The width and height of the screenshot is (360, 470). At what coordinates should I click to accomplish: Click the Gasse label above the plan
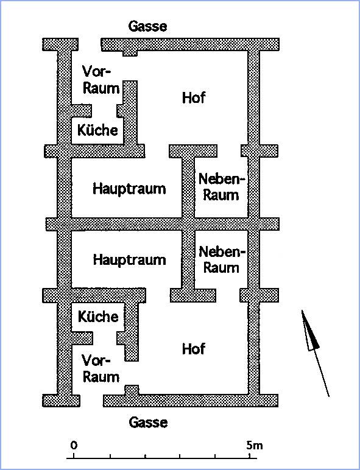tap(147, 26)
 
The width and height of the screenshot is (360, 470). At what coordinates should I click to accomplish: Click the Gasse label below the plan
tap(148, 423)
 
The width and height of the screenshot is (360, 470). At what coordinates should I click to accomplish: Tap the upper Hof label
tap(194, 98)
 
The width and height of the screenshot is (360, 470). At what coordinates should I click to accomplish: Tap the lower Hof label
tap(194, 349)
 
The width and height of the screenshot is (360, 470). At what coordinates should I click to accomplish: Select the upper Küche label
tap(97, 130)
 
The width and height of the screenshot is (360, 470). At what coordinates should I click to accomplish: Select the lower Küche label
tap(98, 317)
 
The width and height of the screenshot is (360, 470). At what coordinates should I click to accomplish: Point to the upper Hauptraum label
tap(129, 189)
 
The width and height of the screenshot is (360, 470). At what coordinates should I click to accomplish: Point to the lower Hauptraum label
tap(129, 259)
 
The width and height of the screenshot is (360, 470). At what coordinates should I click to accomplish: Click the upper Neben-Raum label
tap(221, 187)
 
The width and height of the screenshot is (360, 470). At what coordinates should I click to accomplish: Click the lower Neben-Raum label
tap(222, 259)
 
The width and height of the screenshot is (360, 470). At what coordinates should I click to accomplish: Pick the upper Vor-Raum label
tap(101, 80)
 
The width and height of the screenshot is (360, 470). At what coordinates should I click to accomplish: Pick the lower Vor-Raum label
tap(101, 369)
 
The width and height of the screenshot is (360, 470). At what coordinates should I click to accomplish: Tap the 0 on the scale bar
tap(74, 445)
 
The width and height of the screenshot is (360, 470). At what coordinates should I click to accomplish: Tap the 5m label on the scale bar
tap(254, 446)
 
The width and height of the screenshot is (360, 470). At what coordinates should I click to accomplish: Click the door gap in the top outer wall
tap(90, 44)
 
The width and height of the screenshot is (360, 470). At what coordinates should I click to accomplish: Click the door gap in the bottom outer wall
tap(91, 401)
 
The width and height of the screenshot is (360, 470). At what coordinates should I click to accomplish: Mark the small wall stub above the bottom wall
tap(132, 390)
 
